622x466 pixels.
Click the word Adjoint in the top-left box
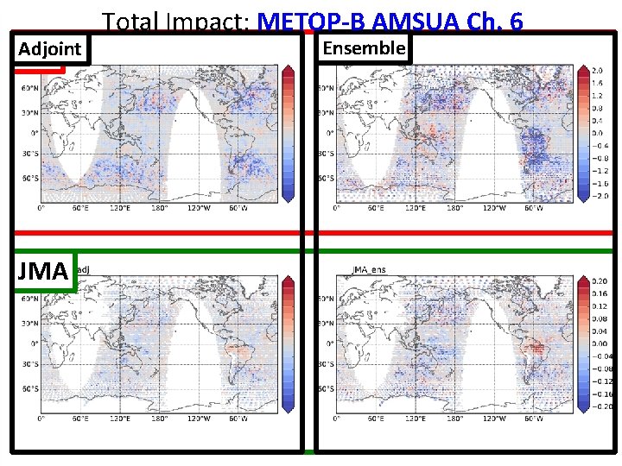tap(50, 50)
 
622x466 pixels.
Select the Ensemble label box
tap(363, 48)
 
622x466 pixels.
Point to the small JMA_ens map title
tap(369, 270)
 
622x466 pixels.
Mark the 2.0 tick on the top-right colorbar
tap(597, 70)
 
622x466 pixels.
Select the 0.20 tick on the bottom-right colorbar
tap(599, 281)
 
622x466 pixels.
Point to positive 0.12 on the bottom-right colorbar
tap(599, 306)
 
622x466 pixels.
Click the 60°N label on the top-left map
tap(29, 88)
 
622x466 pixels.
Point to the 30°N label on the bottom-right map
tap(325, 322)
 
